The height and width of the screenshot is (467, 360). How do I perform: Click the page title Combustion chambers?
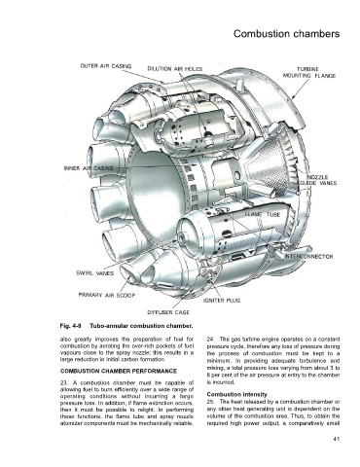coord(286,34)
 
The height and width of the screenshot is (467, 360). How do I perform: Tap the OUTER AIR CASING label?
coord(106,66)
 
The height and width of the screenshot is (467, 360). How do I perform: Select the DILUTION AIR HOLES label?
coord(175,69)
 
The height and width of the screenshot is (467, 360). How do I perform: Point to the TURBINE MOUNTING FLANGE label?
coord(309,73)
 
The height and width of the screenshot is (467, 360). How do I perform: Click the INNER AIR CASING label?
coord(89,168)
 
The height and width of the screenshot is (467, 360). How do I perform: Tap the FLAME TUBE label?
coord(262,215)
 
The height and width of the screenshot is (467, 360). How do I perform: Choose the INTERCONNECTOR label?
coord(309,257)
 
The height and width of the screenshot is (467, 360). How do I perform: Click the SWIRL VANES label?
coord(94,273)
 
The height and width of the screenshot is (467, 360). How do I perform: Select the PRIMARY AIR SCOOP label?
coord(107,295)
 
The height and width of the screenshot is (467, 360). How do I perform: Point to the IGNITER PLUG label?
coord(222,301)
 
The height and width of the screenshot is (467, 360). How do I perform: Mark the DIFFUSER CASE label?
coord(168,312)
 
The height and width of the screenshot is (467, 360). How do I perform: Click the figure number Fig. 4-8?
coord(70,326)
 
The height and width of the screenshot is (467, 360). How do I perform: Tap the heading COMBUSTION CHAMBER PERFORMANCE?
coord(119,371)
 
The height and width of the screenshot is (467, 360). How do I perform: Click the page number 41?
coord(337,440)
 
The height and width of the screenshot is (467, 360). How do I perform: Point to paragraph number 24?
coord(210,340)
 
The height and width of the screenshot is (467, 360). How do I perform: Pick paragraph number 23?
coord(63,382)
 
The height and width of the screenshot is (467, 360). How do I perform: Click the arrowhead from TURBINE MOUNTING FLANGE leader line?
coord(293,97)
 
